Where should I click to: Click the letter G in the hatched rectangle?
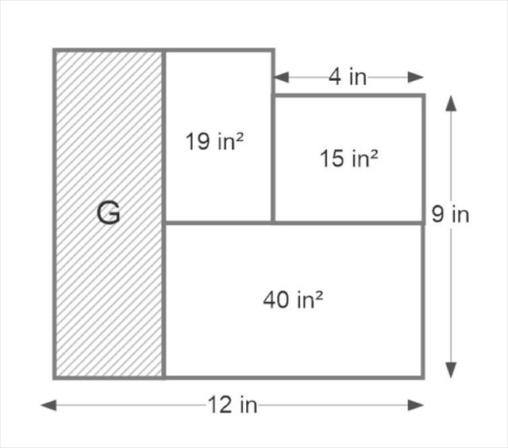coord(109,213)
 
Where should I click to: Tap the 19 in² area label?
coord(214,143)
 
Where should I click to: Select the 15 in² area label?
coord(348,159)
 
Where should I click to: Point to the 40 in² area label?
coord(294,301)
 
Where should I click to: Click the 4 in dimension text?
coord(348,77)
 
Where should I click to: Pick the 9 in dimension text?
coord(451,214)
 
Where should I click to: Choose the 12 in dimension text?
coord(233,405)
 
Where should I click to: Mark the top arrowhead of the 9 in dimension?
coord(451,102)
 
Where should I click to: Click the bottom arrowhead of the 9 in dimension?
coord(451,370)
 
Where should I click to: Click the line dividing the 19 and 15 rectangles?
coord(273,159)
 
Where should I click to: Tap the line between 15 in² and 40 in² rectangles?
coord(348,223)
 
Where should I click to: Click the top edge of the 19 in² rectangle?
coord(218,51)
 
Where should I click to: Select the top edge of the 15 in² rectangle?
coord(348,96)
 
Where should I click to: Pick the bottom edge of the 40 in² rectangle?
coord(294,377)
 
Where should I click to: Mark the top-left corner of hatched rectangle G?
coord(55,51)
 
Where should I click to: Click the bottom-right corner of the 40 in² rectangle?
coord(422,377)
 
